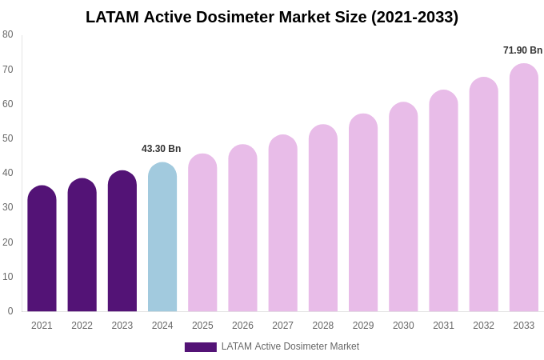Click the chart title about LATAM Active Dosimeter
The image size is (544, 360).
coord(272,17)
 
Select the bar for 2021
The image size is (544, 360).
coord(42,249)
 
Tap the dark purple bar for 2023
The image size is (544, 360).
coord(122,242)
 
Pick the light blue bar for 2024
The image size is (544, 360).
coord(162,238)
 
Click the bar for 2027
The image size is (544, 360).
coord(282,224)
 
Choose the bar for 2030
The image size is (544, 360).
coord(403,207)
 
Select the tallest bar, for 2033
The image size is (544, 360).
coord(524,188)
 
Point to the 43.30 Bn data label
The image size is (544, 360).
coord(162,149)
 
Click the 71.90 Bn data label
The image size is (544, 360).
coord(522,50)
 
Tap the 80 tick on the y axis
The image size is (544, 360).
coord(8,34)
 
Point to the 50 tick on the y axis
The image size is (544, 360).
coord(8,138)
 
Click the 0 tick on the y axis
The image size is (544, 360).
coord(10,311)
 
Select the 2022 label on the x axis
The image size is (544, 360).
coord(82,326)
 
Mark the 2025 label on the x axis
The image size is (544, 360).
coord(202,326)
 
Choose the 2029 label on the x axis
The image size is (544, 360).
coord(363,326)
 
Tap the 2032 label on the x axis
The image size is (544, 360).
coord(483,326)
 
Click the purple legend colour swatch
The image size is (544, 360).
coord(200,347)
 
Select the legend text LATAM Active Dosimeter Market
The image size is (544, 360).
coord(290,346)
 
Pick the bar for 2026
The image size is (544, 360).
coord(242,229)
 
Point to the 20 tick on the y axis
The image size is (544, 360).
coord(8,242)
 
